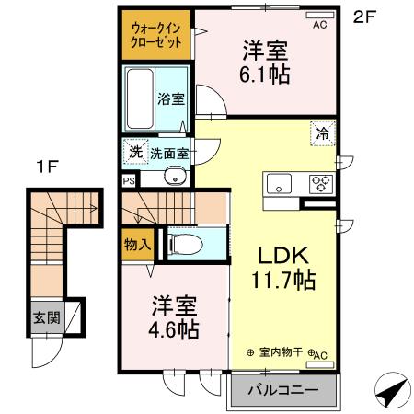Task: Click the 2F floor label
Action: [365, 16]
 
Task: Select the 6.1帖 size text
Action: [267, 74]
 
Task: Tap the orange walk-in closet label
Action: [154, 35]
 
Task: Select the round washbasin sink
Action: [172, 177]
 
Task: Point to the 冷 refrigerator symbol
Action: [324, 134]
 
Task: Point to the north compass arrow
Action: [392, 389]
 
